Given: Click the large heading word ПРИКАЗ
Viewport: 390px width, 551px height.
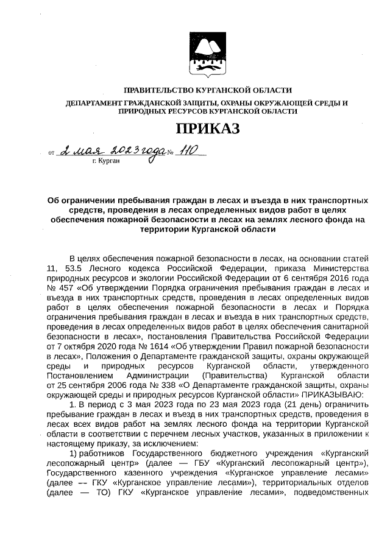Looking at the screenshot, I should pyautogui.click(x=208, y=128).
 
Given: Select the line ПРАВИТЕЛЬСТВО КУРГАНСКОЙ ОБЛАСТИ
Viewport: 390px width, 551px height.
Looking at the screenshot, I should pyautogui.click(x=207, y=90).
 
